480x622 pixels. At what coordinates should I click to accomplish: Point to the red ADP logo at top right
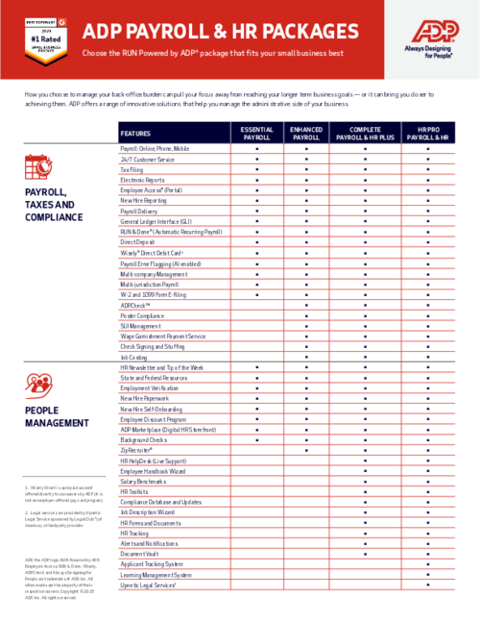[x=430, y=35]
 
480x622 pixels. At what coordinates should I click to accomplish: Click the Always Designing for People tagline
[x=430, y=62]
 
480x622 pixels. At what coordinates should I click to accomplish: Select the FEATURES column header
[x=139, y=134]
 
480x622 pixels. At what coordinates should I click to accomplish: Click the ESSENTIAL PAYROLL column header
[x=256, y=134]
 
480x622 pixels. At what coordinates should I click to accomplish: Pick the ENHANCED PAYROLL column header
[x=306, y=134]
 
